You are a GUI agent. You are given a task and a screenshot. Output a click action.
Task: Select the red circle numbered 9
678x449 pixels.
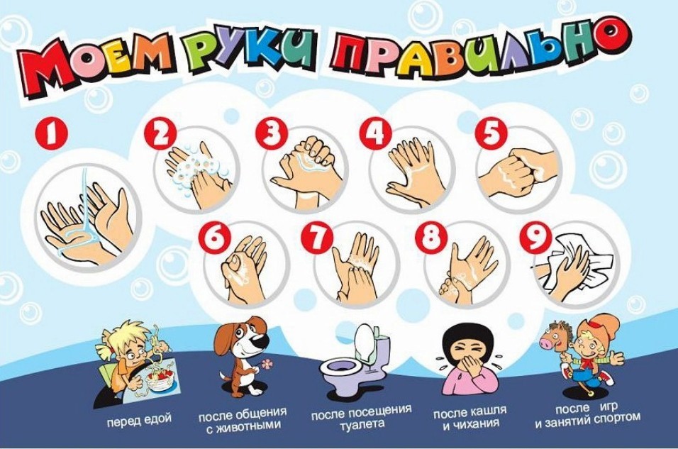coord(536,239)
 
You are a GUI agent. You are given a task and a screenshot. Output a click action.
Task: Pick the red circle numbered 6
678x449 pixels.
coord(215,239)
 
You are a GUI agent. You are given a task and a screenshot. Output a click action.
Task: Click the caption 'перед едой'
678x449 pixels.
coord(139,419)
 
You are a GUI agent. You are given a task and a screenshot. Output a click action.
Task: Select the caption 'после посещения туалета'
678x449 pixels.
coord(362,416)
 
